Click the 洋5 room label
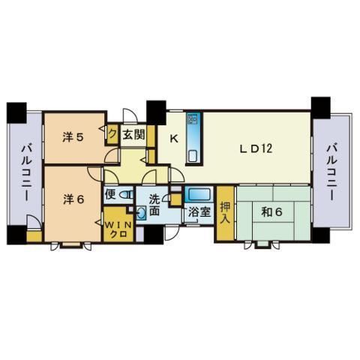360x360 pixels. (x=73, y=137)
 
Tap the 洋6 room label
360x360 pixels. (x=73, y=199)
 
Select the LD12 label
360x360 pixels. (x=256, y=149)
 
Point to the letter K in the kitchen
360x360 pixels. (x=174, y=139)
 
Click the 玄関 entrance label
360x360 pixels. (x=133, y=135)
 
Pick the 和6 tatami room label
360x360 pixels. (x=271, y=212)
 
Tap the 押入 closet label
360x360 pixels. (x=225, y=213)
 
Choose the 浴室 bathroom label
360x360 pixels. (x=199, y=212)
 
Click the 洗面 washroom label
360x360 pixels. (x=154, y=205)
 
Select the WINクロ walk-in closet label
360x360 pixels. (x=118, y=229)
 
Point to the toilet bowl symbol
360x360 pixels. (x=126, y=195)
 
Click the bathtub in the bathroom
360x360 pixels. (x=199, y=194)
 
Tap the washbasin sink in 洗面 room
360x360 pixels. (x=141, y=213)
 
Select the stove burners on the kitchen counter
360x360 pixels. (x=193, y=119)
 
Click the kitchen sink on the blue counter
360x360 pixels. (x=193, y=156)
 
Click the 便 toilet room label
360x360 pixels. (x=110, y=194)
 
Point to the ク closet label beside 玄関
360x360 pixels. (x=112, y=134)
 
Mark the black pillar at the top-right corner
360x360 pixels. (x=321, y=108)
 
